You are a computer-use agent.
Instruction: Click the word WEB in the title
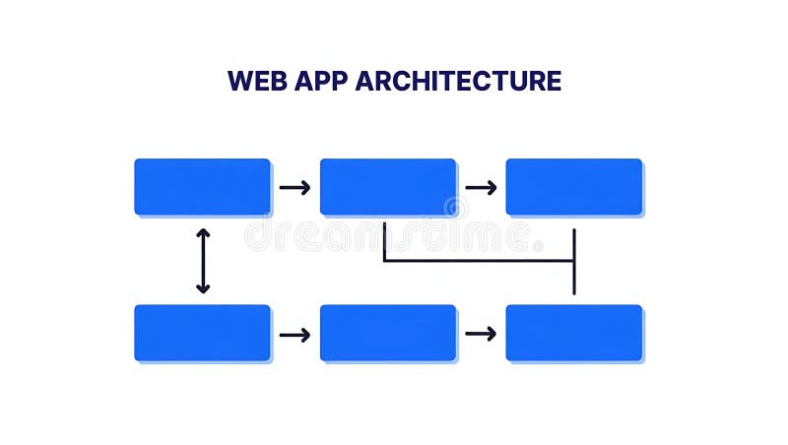click(x=258, y=81)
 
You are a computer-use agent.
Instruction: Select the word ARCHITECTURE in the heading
click(x=459, y=81)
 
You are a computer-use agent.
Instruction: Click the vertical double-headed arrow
click(x=203, y=261)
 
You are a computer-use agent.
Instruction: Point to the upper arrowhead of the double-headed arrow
click(x=203, y=233)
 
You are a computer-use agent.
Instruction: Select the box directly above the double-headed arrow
click(x=202, y=187)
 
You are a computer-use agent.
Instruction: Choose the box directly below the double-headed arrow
click(x=202, y=333)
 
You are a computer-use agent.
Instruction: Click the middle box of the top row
click(x=388, y=187)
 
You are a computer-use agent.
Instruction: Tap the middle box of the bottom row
click(x=388, y=333)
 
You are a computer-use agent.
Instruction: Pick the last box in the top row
click(x=574, y=187)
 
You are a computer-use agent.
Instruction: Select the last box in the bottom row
click(x=574, y=333)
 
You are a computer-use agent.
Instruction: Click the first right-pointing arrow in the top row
click(x=295, y=187)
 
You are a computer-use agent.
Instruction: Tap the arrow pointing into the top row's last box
click(x=481, y=187)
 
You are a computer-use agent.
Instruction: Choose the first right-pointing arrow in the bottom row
click(x=295, y=335)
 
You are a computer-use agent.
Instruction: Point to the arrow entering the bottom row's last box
click(x=481, y=334)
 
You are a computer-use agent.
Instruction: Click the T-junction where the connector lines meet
click(x=573, y=261)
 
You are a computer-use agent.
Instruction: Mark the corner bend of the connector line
click(x=384, y=261)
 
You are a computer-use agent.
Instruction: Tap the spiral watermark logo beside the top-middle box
click(x=454, y=208)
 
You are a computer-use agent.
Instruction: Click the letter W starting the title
click(x=238, y=81)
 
